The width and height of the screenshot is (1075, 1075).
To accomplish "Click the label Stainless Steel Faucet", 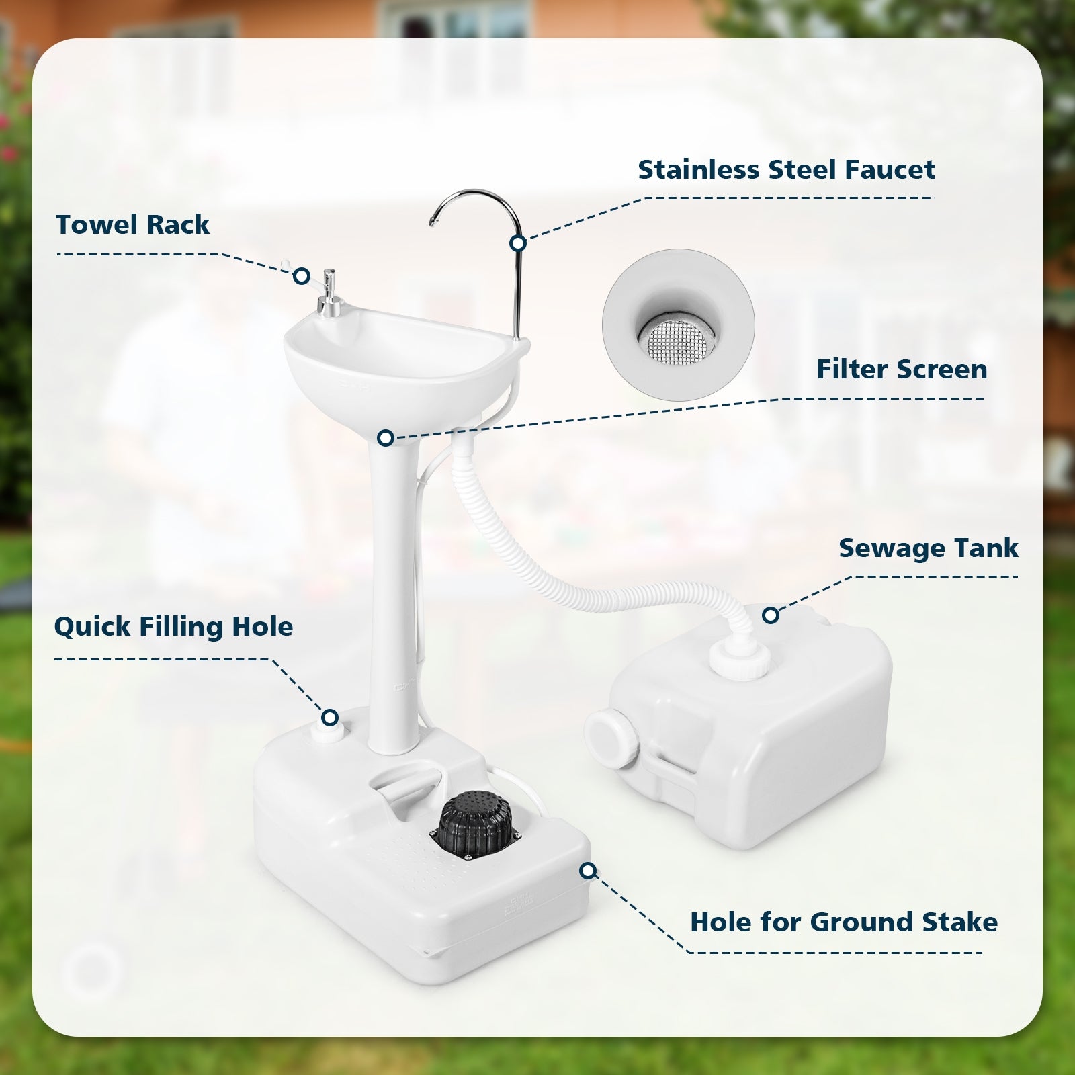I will (x=786, y=170).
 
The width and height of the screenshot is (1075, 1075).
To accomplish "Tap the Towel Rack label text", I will (x=132, y=224).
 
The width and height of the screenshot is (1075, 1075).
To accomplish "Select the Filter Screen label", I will (x=901, y=370).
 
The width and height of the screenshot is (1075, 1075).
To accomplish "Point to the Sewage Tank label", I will (x=928, y=548).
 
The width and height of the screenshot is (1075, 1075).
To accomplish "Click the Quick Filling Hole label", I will (x=173, y=626).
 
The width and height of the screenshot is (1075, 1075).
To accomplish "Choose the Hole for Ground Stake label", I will (x=843, y=922).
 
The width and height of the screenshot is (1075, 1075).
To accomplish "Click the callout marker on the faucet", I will (x=517, y=243).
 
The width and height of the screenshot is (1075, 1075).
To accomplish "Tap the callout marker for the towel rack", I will (x=302, y=276).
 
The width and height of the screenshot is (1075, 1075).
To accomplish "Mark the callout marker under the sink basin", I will (x=385, y=438).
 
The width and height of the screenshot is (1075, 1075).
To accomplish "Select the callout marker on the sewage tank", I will (x=771, y=615).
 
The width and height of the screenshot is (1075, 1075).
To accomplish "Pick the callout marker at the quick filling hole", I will (x=329, y=718).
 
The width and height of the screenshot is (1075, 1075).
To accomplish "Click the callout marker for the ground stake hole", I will (x=588, y=871).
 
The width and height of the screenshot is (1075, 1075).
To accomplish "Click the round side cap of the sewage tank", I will (x=610, y=737).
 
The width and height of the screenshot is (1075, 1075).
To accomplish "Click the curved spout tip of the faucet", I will (x=433, y=221).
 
